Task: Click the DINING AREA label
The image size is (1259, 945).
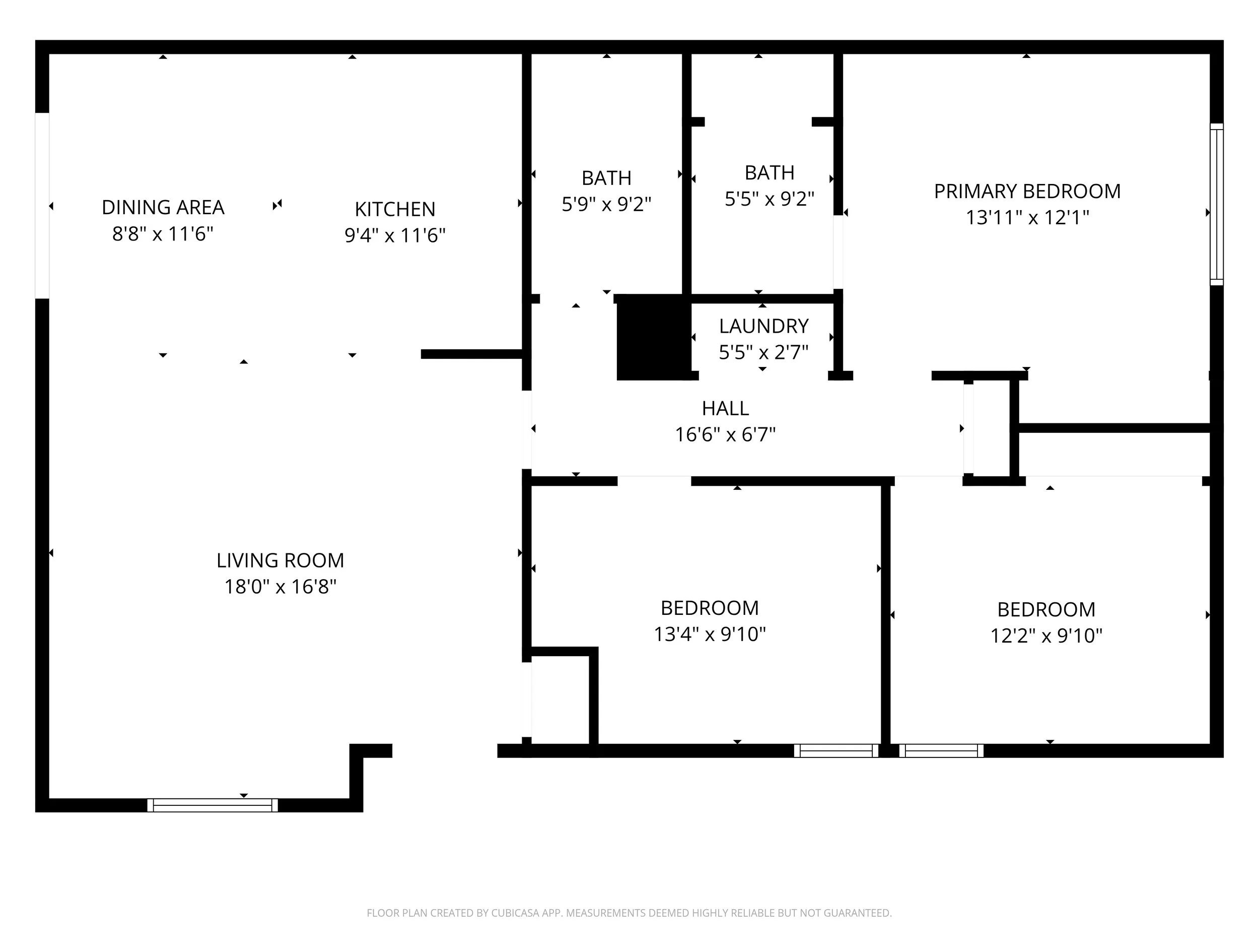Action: click(163, 207)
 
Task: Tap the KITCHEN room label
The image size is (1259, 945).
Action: click(394, 210)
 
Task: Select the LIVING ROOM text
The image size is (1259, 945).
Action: click(280, 560)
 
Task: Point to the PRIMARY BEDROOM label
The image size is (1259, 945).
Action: click(1027, 192)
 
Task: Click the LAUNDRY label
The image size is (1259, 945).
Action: click(763, 327)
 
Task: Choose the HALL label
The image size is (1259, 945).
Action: click(725, 408)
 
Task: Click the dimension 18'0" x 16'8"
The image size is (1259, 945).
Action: click(280, 587)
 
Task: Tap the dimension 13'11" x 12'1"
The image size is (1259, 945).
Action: click(1027, 218)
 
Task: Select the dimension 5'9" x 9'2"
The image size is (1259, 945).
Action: click(606, 204)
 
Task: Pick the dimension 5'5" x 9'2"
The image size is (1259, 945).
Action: click(769, 199)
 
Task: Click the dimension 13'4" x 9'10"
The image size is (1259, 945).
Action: click(709, 634)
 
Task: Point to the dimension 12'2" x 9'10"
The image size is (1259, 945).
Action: click(1045, 636)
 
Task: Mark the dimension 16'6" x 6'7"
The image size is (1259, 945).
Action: click(725, 434)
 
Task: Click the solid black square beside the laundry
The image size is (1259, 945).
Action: click(653, 337)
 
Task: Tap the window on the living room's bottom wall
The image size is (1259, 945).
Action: click(213, 805)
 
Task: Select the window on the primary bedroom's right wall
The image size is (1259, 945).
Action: click(1216, 204)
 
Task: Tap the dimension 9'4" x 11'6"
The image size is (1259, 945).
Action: click(394, 235)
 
